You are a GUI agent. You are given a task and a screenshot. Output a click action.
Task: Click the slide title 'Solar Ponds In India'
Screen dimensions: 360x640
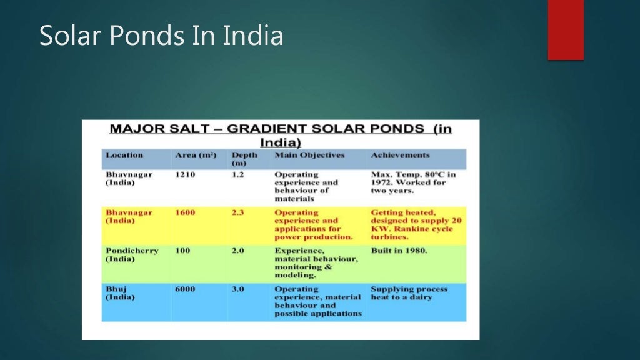tap(161, 36)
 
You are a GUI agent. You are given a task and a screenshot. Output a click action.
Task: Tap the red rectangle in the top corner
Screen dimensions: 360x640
tap(566, 29)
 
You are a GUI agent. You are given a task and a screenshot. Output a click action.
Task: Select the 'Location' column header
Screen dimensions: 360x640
tap(124, 155)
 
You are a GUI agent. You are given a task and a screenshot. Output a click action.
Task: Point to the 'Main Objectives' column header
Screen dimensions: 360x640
tap(309, 155)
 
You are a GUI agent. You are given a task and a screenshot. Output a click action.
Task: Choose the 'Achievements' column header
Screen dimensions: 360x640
tap(400, 155)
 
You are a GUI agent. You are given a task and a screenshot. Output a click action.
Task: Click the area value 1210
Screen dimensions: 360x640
tap(185, 174)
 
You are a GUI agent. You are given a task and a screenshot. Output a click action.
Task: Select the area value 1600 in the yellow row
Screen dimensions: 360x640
tap(185, 212)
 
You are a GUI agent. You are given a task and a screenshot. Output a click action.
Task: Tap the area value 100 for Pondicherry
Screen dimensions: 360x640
tap(182, 251)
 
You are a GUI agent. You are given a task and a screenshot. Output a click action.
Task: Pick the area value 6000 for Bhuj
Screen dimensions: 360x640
tap(185, 289)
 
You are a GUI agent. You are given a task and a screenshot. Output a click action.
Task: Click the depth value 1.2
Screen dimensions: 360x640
tap(237, 174)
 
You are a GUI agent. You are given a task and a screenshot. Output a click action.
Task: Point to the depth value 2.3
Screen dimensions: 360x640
tap(237, 212)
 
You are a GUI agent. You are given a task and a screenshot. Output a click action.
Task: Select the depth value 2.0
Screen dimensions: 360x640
tap(237, 251)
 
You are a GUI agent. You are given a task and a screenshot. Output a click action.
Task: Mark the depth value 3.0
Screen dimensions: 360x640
tap(237, 289)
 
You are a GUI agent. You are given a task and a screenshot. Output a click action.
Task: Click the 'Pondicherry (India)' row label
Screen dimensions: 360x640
tap(132, 255)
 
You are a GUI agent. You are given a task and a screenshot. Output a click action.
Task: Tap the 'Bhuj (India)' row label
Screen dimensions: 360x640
tap(120, 293)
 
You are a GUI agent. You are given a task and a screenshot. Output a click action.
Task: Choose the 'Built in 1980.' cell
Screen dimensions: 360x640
tap(399, 251)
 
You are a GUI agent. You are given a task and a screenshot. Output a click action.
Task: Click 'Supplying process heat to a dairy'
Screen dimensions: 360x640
tap(409, 293)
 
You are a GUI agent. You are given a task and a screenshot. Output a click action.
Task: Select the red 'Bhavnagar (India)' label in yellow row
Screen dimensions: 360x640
tap(129, 217)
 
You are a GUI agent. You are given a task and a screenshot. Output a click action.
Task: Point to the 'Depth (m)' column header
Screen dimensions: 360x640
tap(244, 159)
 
